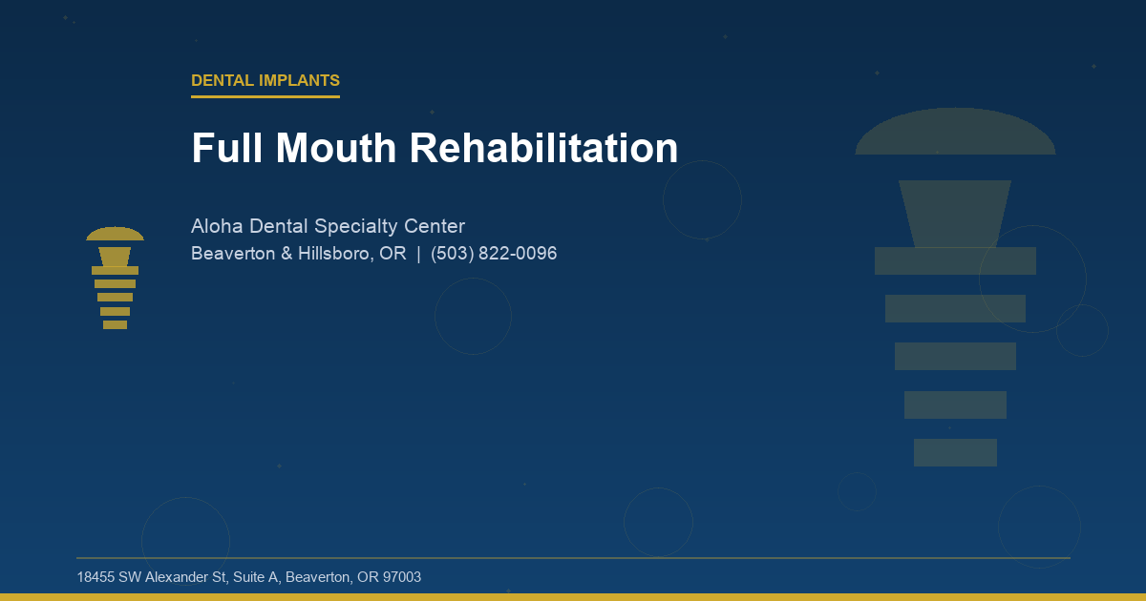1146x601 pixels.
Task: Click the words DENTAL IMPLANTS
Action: tap(265, 81)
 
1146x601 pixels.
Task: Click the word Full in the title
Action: tap(226, 149)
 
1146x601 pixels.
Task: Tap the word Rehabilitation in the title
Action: tap(543, 149)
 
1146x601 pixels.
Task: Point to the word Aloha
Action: tap(217, 227)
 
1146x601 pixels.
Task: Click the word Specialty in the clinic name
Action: tap(351, 227)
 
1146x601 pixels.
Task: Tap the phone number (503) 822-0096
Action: tap(494, 255)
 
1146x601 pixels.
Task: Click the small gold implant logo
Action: tap(115, 279)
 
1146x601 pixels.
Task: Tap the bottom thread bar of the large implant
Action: tap(955, 452)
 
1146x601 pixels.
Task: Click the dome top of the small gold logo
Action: tap(115, 235)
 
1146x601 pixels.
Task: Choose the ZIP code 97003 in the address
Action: tap(401, 578)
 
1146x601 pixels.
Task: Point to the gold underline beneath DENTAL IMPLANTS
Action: tap(265, 96)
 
